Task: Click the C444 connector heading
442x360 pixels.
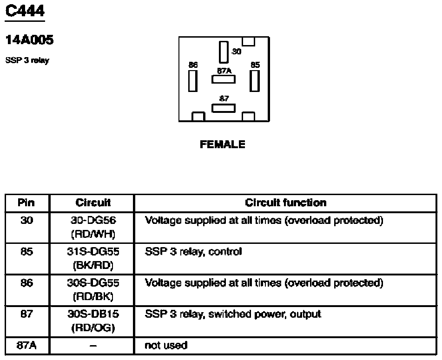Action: [25, 11]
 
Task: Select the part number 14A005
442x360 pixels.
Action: [29, 40]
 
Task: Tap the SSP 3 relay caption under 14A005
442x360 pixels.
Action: [27, 60]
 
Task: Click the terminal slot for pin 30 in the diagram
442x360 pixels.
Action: [224, 52]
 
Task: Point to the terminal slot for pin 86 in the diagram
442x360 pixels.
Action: [192, 81]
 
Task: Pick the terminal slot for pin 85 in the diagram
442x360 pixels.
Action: [254, 81]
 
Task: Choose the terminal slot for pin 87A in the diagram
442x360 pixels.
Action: [224, 79]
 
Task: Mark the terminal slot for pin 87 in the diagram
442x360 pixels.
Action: [224, 108]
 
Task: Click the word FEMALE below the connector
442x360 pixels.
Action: [222, 144]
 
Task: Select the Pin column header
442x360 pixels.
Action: [27, 203]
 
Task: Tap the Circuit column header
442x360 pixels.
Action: [93, 203]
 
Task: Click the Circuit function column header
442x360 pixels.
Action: [285, 203]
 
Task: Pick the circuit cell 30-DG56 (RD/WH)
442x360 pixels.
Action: [93, 227]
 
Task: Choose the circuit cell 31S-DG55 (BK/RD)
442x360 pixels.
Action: [93, 258]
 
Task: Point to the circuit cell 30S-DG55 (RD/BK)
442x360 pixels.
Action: [93, 289]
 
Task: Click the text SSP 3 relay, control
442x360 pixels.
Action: [193, 252]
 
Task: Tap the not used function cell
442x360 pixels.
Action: [166, 345]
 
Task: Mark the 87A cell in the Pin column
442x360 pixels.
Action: [27, 345]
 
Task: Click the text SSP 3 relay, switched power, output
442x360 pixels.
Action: [233, 314]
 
